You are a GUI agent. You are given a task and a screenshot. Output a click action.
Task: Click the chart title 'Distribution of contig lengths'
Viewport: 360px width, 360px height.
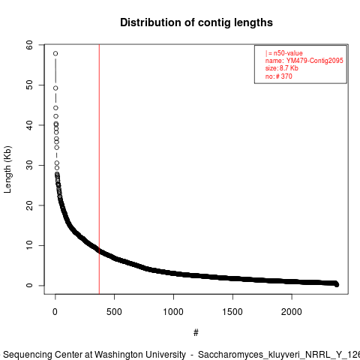point(196,22)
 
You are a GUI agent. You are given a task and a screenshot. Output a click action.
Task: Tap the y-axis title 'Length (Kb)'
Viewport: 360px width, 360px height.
point(7,169)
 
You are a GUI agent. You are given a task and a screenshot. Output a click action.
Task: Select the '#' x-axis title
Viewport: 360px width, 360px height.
point(196,333)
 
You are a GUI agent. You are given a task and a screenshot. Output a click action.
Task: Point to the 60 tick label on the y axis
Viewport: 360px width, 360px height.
point(29,45)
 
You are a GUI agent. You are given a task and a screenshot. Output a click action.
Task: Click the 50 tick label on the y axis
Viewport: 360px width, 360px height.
point(29,85)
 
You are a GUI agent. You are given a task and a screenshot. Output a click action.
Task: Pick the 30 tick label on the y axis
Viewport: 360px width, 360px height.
point(29,165)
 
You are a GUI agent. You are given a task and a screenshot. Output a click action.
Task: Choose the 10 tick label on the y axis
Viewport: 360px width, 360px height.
point(29,245)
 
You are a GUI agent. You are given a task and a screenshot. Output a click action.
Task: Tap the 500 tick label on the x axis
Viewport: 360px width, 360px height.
point(114,312)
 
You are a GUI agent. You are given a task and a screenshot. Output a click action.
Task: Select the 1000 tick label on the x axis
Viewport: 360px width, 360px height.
point(173,312)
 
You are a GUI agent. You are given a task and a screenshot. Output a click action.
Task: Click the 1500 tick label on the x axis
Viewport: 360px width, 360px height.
point(232,312)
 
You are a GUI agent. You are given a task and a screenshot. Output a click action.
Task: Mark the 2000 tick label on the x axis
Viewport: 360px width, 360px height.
point(292,312)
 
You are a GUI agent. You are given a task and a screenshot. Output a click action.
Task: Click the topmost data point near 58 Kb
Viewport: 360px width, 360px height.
point(55,53)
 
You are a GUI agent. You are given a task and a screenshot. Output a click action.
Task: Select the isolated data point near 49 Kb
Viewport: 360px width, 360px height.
point(55,88)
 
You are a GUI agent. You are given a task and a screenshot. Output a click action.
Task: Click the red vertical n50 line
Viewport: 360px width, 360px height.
point(99,169)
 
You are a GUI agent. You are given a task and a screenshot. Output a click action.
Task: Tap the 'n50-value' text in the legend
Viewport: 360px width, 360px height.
point(288,53)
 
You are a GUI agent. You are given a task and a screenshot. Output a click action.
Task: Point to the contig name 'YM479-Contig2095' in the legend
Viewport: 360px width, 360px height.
point(315,61)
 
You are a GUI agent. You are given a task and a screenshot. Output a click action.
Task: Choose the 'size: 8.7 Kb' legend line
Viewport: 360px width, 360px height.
point(282,68)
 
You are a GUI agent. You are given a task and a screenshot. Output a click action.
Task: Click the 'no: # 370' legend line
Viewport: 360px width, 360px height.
point(278,76)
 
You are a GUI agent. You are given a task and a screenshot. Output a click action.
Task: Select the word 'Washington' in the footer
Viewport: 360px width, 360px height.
point(140,355)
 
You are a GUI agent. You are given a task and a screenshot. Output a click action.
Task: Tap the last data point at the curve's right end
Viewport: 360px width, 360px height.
point(337,284)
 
